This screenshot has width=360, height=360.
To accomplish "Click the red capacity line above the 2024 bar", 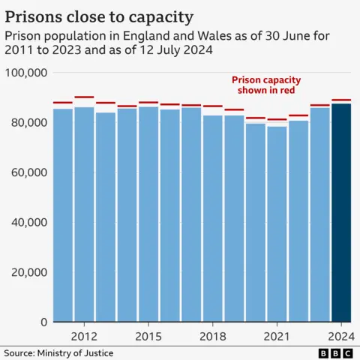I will [341, 100].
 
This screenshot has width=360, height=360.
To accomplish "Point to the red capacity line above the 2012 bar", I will [84, 97].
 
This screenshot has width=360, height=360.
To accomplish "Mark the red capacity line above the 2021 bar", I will [277, 119].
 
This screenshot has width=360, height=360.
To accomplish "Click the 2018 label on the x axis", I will [213, 336].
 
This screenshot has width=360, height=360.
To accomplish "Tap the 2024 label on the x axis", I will [341, 336].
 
